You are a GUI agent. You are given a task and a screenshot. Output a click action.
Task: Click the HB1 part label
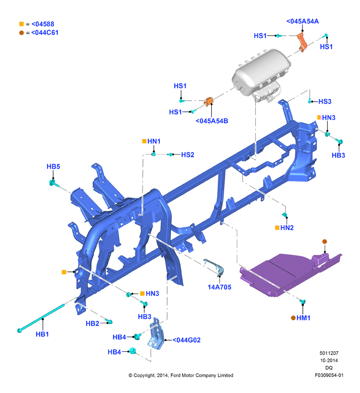click(42, 334)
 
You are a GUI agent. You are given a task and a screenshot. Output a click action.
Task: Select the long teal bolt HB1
click(41, 318)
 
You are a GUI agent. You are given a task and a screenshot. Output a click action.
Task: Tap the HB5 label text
click(53, 166)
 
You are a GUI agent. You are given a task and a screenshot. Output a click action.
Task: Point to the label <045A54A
click(302, 21)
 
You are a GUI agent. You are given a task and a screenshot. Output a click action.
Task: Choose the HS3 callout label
click(325, 101)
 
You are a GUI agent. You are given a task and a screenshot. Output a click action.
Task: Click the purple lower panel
click(288, 274)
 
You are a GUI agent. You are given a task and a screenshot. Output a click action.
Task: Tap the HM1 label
click(303, 318)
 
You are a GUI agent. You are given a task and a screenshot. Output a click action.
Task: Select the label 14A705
click(219, 287)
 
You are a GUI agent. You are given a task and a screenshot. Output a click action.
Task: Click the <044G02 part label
click(187, 340)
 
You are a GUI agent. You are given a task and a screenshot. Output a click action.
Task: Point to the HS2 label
click(188, 155)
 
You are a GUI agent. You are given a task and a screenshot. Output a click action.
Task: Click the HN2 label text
click(287, 228)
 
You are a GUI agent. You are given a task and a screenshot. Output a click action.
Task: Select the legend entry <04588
click(43, 24)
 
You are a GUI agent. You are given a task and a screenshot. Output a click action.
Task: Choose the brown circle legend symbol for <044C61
click(21, 33)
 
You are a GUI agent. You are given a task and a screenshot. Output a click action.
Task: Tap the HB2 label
click(93, 324)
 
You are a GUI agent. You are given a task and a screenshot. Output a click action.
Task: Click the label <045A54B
click(212, 121)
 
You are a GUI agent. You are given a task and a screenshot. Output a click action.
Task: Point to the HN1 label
click(154, 141)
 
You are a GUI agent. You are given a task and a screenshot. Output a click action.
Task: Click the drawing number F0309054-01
click(329, 375)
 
